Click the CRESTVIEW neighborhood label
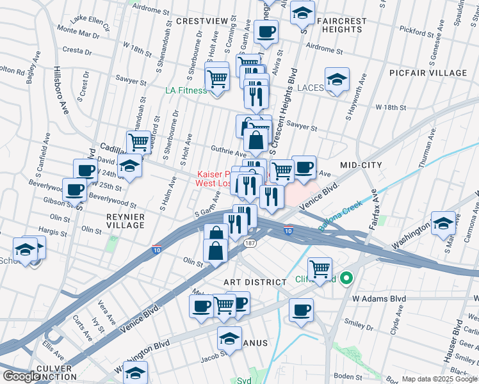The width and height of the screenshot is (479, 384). pyautogui.click(x=202, y=21)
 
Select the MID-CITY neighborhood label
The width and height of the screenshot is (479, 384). pyautogui.click(x=361, y=165)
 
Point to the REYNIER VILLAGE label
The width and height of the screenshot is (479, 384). pyautogui.click(x=125, y=221)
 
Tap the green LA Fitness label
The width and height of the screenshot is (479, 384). pyautogui.click(x=186, y=90)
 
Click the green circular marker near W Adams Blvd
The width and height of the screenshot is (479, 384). pyautogui.click(x=346, y=278)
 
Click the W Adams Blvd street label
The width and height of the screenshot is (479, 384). pyautogui.click(x=379, y=299)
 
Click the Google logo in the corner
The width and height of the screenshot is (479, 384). pyautogui.click(x=20, y=376)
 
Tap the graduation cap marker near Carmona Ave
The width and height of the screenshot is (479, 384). pyautogui.click(x=443, y=224)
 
